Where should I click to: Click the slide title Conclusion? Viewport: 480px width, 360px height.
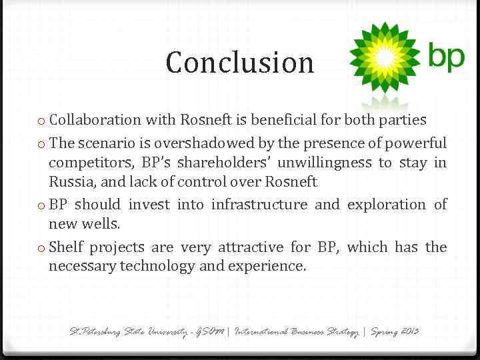click(x=240, y=63)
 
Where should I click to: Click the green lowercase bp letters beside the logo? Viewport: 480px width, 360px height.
click(x=446, y=57)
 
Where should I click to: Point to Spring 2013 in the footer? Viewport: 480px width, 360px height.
click(x=395, y=331)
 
